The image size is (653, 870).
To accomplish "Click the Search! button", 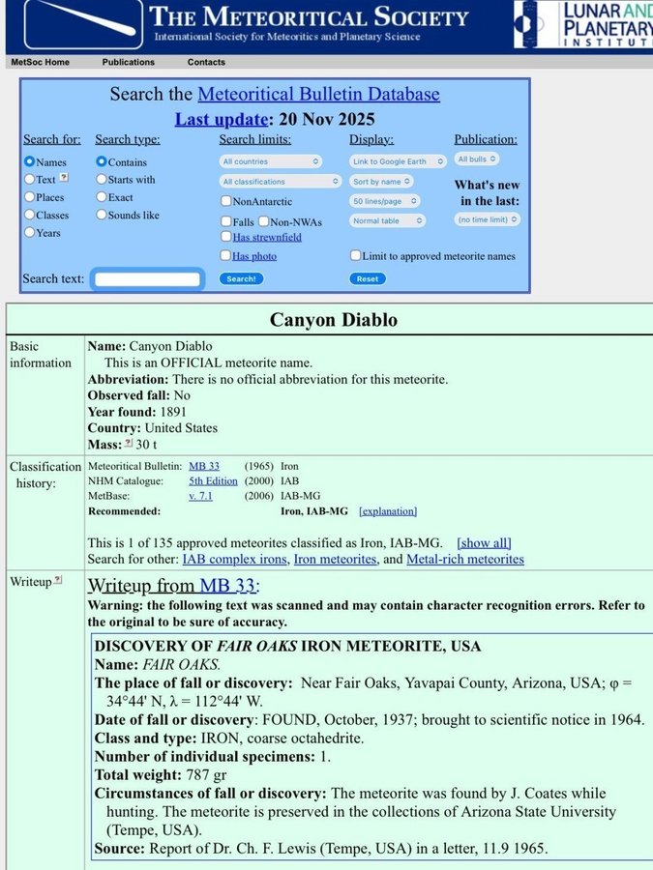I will click(x=240, y=278).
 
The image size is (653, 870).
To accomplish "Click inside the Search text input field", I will click(x=149, y=279).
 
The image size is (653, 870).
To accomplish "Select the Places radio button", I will click(x=29, y=197).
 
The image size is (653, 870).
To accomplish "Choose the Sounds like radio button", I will click(x=102, y=215).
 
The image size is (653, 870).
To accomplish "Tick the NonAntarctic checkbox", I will click(x=225, y=201).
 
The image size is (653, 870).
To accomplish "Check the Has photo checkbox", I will click(x=225, y=256).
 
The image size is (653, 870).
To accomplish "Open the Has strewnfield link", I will click(x=267, y=237).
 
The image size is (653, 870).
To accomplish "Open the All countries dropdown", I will click(x=271, y=161).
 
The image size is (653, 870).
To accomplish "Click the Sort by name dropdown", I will click(x=382, y=181).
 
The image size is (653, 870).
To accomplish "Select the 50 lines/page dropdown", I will click(x=385, y=201).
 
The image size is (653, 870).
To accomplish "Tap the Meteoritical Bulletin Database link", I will click(x=318, y=94).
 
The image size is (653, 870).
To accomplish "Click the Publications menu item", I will click(x=129, y=62).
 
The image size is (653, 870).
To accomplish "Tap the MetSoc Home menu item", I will click(x=40, y=62).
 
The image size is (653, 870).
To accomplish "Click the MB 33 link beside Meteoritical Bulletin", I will click(x=204, y=466).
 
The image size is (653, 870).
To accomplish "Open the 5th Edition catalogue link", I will click(x=213, y=480).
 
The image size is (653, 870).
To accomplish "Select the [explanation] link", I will click(x=388, y=510).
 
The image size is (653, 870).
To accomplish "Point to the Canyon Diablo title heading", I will click(x=334, y=319).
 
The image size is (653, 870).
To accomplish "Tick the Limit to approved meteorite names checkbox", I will click(x=355, y=256).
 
